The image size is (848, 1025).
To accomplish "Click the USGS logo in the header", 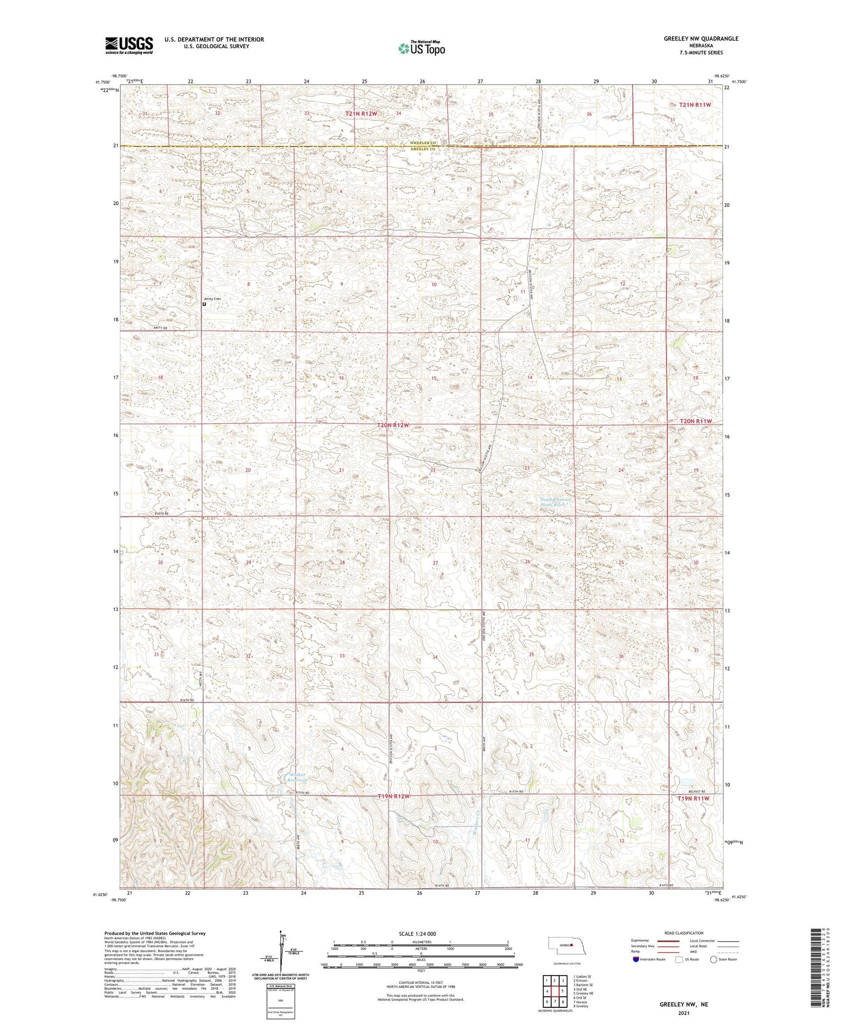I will [129, 45].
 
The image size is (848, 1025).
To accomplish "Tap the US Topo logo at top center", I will [421, 48].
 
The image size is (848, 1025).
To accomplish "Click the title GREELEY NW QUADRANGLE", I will [701, 39].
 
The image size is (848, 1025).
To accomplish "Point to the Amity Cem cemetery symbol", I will [204, 304].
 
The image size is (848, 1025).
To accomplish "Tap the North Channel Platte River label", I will [555, 502].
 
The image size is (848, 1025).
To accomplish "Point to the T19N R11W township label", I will [694, 798].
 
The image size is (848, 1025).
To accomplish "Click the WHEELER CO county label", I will [422, 143].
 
